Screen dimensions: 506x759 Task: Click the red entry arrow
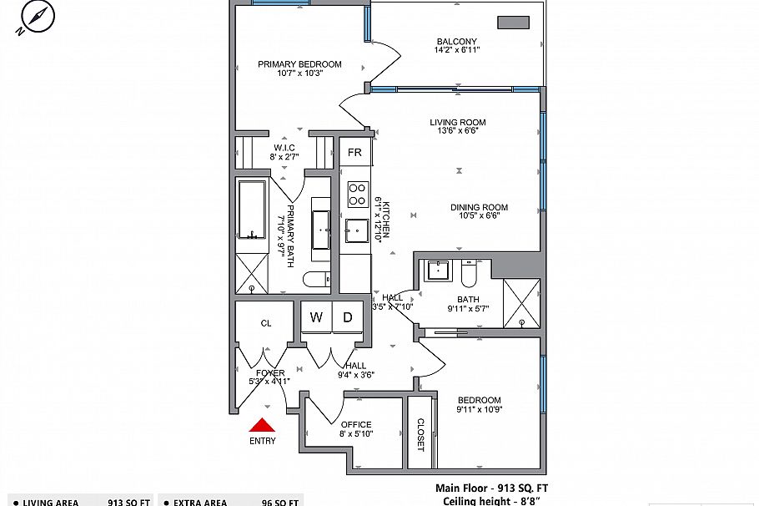click(262, 426)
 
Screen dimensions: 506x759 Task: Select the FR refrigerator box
click(354, 153)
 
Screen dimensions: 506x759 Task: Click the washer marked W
click(316, 317)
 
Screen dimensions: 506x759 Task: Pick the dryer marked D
click(348, 317)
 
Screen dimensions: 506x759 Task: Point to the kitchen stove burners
click(358, 195)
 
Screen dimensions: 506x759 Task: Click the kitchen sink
click(358, 230)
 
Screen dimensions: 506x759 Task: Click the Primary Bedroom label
click(299, 64)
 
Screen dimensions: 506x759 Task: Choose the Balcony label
click(456, 42)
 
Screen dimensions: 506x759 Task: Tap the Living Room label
click(458, 123)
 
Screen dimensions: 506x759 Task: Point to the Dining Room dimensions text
click(480, 216)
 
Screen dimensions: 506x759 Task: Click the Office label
click(355, 425)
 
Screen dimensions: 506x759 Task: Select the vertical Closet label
click(420, 435)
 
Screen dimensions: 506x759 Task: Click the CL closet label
click(266, 323)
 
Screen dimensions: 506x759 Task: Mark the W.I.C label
click(284, 148)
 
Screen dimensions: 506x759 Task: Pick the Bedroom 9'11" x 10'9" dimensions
click(479, 409)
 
